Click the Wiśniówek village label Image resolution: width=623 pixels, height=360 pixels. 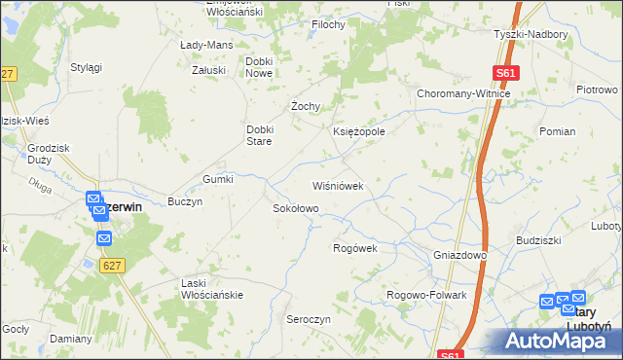point(337,185)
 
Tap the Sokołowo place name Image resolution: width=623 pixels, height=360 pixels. point(295,208)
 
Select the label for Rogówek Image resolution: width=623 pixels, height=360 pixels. point(354,248)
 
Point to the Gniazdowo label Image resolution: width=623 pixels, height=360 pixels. point(459,255)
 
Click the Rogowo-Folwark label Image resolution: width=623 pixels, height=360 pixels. point(427,295)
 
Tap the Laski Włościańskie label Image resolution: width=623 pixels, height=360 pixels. point(212,288)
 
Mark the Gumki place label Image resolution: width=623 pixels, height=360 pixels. point(218,179)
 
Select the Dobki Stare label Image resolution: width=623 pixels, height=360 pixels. point(264,134)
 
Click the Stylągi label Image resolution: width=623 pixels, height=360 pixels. point(87,67)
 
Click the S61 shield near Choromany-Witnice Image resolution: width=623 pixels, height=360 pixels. point(505,73)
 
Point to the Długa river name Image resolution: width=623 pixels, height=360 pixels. point(39,181)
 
